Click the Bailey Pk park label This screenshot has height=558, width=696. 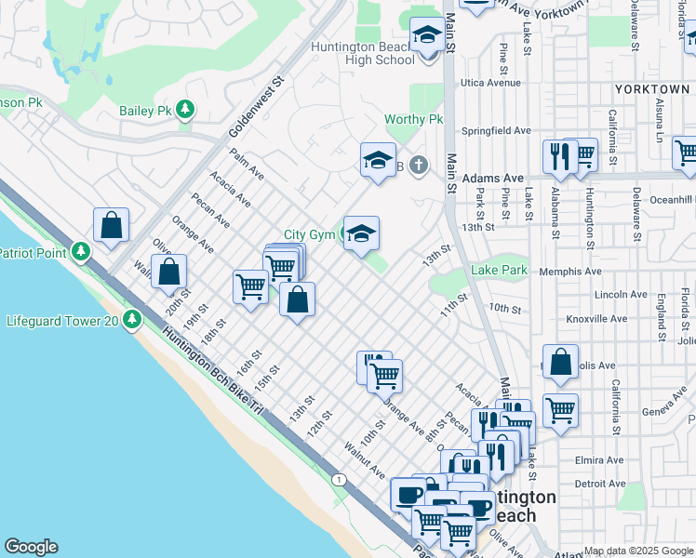coord(146,111)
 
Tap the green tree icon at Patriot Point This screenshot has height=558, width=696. coord(81,252)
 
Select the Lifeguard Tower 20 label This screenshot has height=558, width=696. coord(61,320)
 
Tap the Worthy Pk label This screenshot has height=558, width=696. coord(414,120)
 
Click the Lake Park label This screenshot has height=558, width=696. coord(499,271)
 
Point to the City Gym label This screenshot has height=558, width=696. coord(309,235)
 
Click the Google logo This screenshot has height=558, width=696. coord(30,547)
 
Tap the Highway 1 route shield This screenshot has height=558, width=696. coord(341,479)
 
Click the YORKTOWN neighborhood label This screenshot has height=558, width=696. coord(651,88)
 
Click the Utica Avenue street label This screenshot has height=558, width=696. coord(490,83)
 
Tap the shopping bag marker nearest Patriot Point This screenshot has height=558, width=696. coord(111,226)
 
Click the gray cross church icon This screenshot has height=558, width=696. coord(419,166)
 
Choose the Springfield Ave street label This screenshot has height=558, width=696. coord(496,131)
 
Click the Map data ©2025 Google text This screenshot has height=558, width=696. coord(638,551)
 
